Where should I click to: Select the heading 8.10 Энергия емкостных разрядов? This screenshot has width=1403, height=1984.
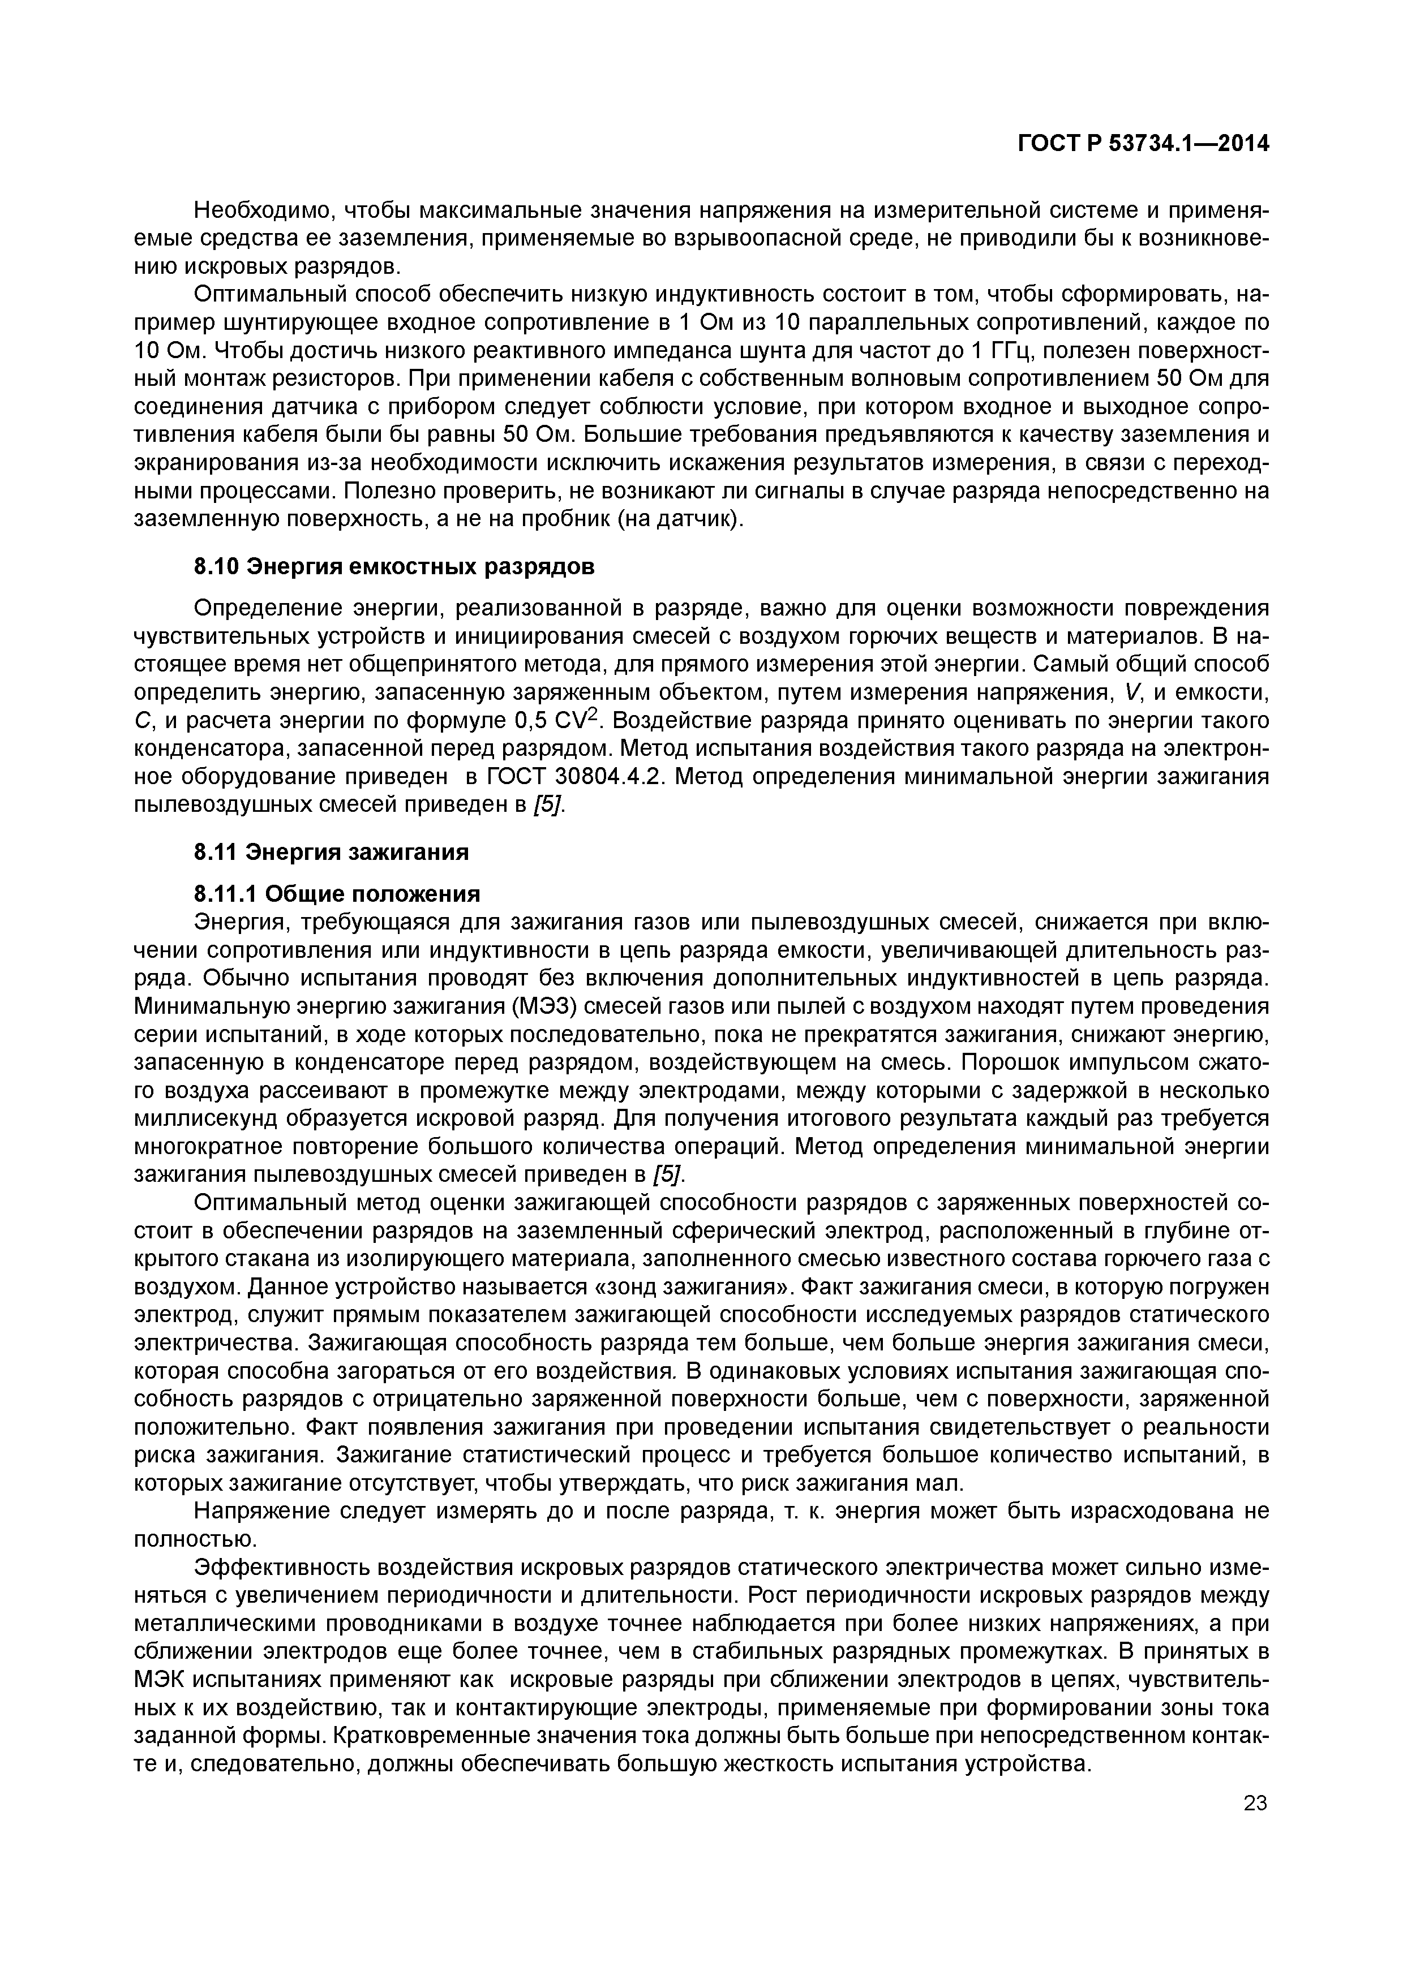[394, 567]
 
